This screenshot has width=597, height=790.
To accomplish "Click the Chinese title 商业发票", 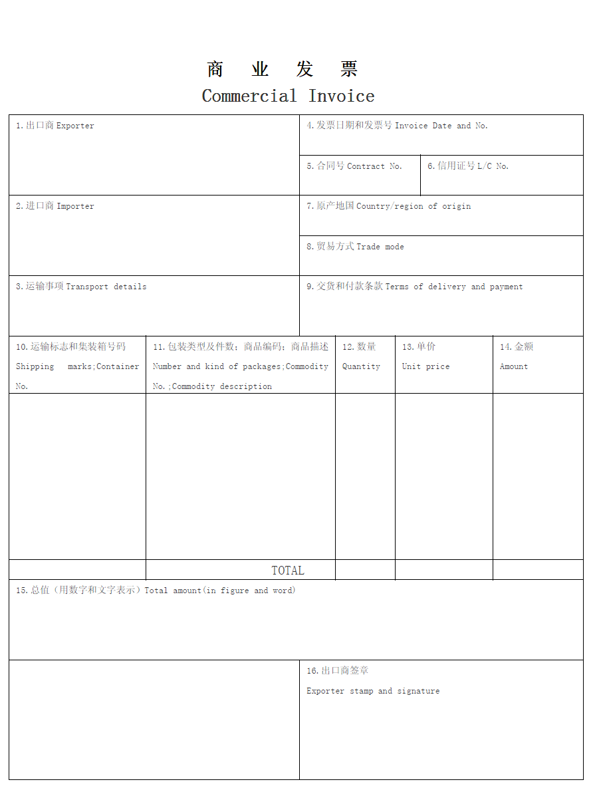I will click(x=283, y=69).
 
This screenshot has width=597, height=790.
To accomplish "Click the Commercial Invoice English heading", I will click(x=288, y=96).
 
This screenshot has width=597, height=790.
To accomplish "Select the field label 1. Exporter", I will click(x=55, y=126).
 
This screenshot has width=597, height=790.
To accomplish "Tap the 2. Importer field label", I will click(x=55, y=206).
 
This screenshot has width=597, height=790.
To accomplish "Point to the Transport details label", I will click(x=81, y=287).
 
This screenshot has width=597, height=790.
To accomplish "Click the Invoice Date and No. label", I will click(x=397, y=126).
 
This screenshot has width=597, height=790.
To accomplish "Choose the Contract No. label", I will click(x=354, y=166).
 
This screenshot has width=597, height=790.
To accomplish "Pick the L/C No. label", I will click(x=468, y=166).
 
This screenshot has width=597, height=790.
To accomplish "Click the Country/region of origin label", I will click(x=388, y=206).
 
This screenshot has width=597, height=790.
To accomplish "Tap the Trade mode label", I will click(x=355, y=247).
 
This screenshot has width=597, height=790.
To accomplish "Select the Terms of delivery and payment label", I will click(x=414, y=287).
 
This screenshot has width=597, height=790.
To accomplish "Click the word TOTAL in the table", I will click(x=288, y=571).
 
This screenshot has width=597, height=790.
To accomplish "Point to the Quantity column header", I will click(x=361, y=366).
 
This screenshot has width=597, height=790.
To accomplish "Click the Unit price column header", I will click(x=425, y=366).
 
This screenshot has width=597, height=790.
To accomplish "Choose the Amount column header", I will click(x=514, y=366).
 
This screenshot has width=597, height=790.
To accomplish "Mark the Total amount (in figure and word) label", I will click(x=156, y=591).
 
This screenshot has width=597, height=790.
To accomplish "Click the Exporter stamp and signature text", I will click(x=373, y=691).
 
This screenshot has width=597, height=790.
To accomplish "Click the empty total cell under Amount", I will click(x=538, y=570).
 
